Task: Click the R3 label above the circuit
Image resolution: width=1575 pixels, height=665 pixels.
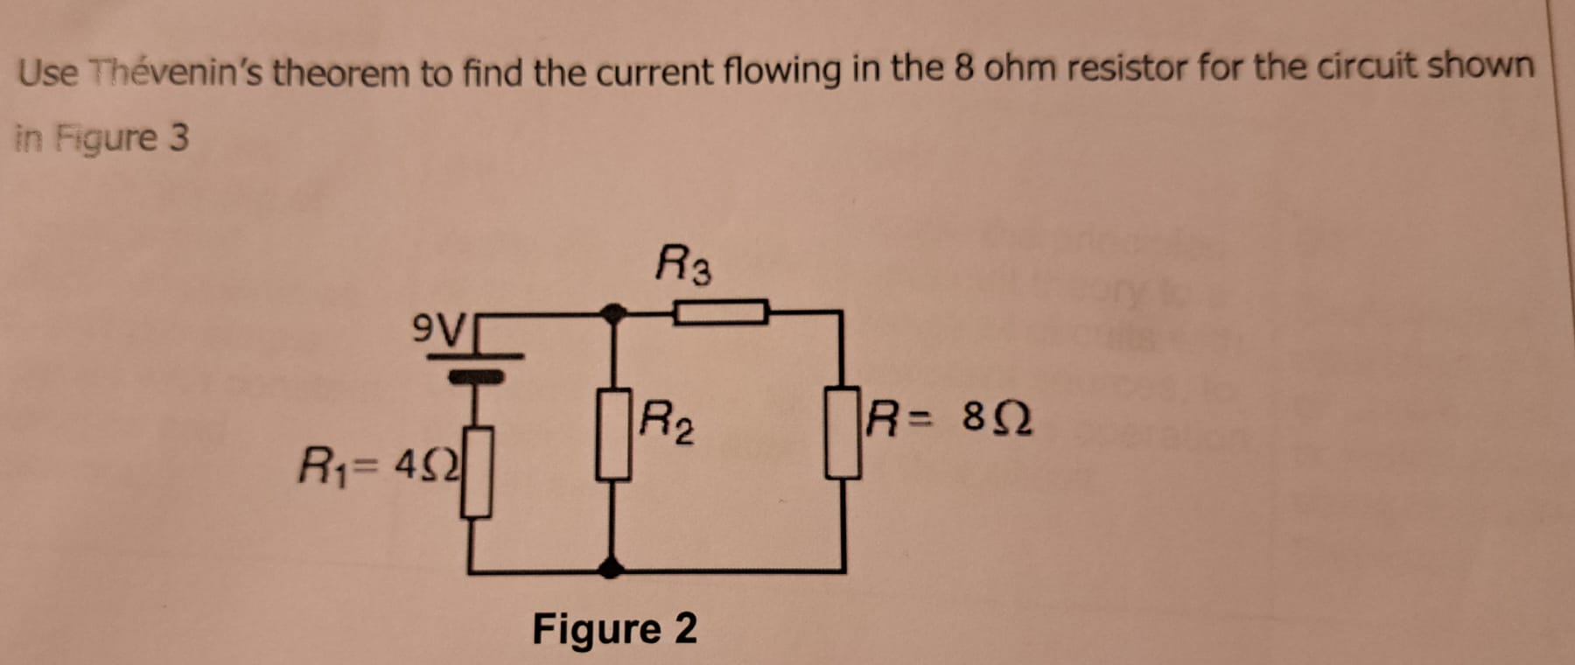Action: (x=683, y=264)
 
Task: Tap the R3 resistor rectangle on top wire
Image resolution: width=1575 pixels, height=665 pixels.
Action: (x=720, y=311)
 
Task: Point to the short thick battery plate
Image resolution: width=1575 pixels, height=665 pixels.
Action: (x=476, y=376)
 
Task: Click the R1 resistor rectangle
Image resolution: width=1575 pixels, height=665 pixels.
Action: (x=476, y=472)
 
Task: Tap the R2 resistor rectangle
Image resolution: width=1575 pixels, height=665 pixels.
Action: (x=613, y=435)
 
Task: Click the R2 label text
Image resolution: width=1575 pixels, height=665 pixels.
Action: (x=667, y=421)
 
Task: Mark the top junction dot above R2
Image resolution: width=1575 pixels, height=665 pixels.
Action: (x=615, y=311)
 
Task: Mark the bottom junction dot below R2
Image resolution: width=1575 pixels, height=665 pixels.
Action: (x=611, y=570)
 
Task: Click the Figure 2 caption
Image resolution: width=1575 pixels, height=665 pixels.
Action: (x=614, y=628)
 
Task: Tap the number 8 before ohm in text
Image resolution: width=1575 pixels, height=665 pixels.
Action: (x=964, y=68)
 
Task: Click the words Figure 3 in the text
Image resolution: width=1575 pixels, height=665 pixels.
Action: (x=122, y=138)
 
